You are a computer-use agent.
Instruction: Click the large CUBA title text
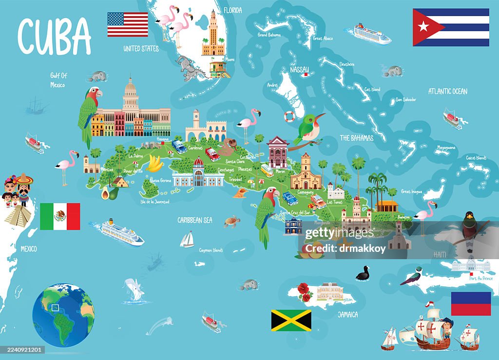pos(54,37)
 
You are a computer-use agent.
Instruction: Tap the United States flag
pos(128,25)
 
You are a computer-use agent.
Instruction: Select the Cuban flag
pos(451,27)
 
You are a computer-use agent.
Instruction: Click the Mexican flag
pos(60,216)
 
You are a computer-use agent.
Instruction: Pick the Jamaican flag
pos(291,320)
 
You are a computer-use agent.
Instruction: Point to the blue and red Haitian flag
pos(471,303)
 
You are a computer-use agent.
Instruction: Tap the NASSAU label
pos(299,70)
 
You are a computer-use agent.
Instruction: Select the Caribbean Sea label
pos(195,220)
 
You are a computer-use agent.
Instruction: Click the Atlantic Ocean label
pos(447,91)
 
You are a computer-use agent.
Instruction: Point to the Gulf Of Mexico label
pos(58,80)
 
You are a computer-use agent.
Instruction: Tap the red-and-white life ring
pos(290,117)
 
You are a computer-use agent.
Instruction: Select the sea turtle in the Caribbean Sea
pos(232,222)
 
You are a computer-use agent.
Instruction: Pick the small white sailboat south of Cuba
pos(187,239)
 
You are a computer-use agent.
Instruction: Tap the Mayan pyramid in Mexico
pos(19,214)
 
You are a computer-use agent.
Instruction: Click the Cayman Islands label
pos(211,250)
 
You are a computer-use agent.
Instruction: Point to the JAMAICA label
pos(348,314)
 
